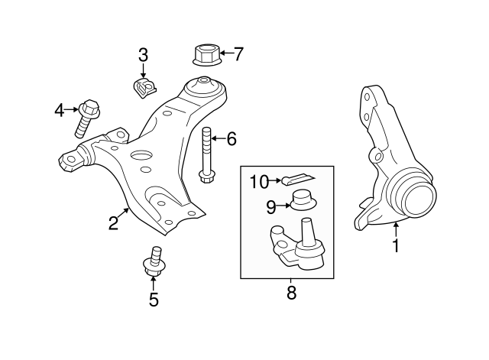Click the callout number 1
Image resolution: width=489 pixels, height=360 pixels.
[x=396, y=246]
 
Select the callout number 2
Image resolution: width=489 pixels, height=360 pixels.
[x=113, y=222]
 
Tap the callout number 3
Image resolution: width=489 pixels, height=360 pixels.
[x=143, y=55]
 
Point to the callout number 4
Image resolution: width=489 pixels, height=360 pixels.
[x=60, y=112]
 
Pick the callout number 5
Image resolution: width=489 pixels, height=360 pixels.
[x=154, y=300]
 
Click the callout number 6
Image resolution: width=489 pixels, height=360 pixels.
[x=231, y=138]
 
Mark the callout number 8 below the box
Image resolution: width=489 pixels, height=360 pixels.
[x=291, y=292]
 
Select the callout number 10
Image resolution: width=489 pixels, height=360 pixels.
[x=259, y=181]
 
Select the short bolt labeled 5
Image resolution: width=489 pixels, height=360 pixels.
[x=154, y=261]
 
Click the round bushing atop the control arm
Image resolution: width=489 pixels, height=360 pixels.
[x=205, y=83]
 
